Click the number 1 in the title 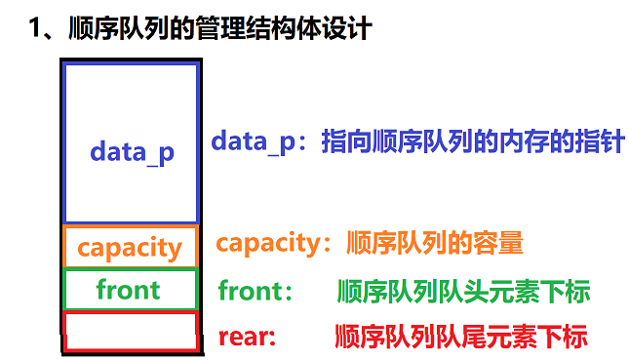click(x=35, y=28)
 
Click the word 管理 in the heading click(x=220, y=28)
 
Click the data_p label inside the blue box click(x=132, y=153)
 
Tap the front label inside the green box click(x=129, y=290)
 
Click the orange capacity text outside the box click(x=269, y=244)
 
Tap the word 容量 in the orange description click(x=498, y=242)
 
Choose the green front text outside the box click(x=251, y=291)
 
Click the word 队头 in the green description click(x=463, y=292)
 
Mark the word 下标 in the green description click(x=565, y=292)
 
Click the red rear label click(x=243, y=338)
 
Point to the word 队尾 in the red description click(x=461, y=337)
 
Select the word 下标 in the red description click(x=563, y=337)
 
